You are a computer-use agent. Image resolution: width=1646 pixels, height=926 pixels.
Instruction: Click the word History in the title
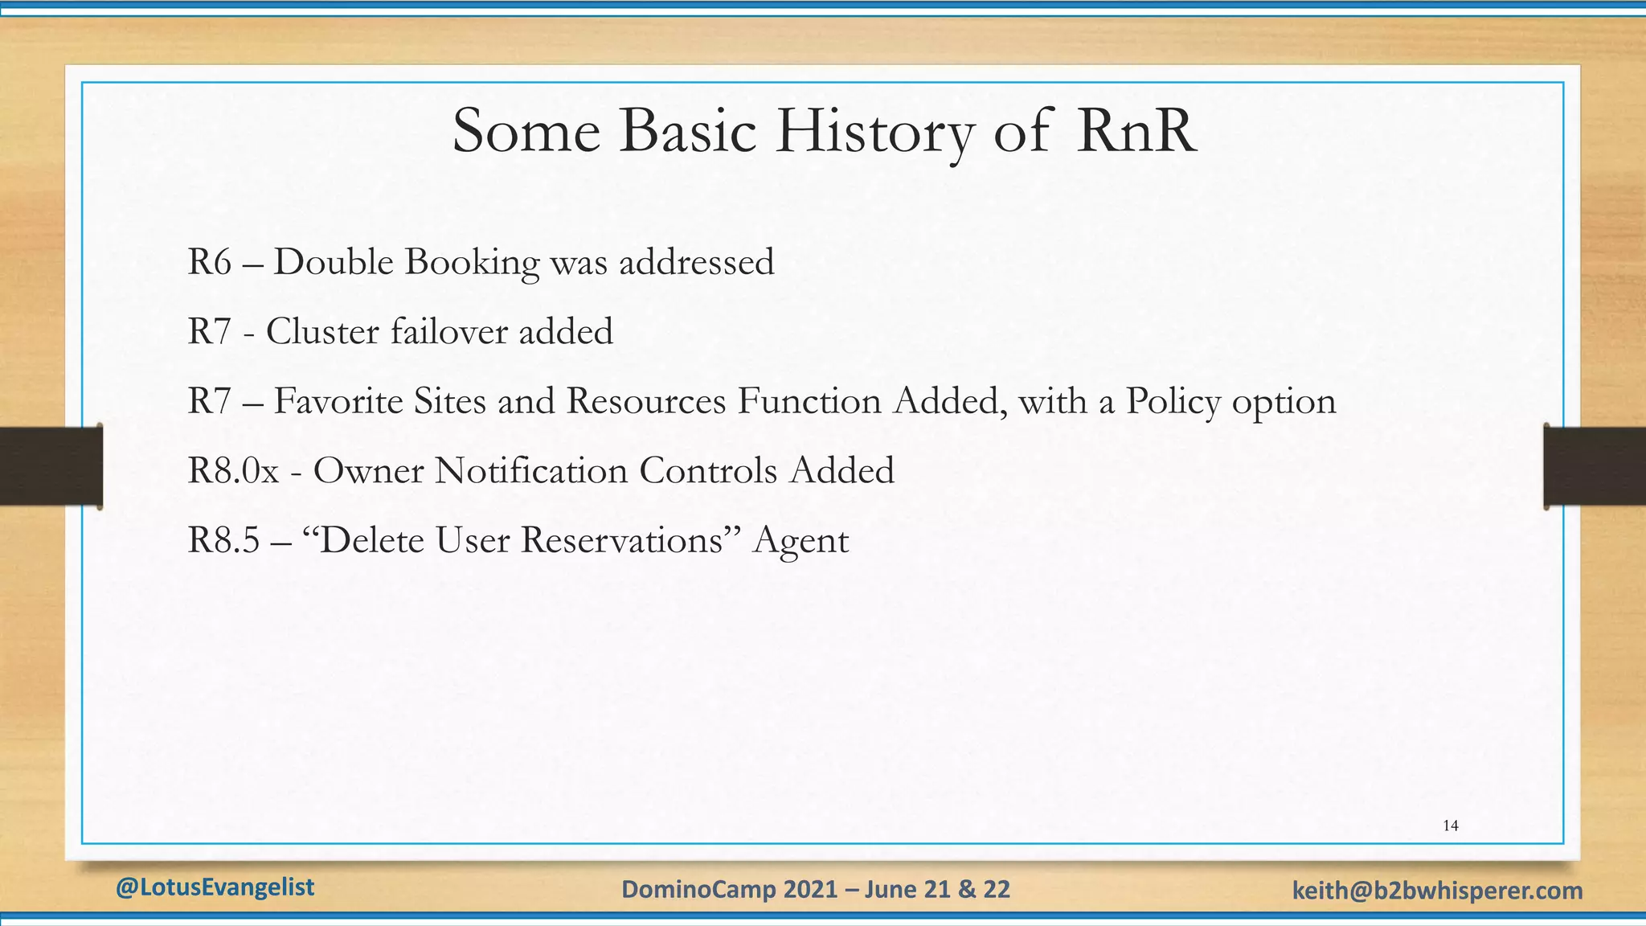[x=874, y=131]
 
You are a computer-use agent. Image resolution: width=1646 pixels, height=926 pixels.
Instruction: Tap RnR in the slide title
[x=1136, y=131]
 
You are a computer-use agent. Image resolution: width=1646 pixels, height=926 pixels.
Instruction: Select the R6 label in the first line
[x=209, y=262]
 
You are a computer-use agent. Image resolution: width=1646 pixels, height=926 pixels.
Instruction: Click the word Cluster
[x=322, y=331]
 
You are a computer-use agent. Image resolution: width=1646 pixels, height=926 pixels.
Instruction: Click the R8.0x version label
[x=233, y=470]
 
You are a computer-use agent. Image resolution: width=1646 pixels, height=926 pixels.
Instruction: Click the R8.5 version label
[x=223, y=540]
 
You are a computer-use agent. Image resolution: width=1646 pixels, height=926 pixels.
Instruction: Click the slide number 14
[x=1451, y=826]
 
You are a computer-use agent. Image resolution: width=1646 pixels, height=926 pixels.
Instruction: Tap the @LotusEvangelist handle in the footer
[x=215, y=887]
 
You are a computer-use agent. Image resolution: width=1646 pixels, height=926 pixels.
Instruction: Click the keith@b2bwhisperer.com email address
[x=1437, y=891]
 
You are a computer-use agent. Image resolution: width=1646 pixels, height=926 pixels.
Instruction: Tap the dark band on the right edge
[x=1595, y=466]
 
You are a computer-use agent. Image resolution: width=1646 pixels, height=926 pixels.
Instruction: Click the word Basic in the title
[x=687, y=131]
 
